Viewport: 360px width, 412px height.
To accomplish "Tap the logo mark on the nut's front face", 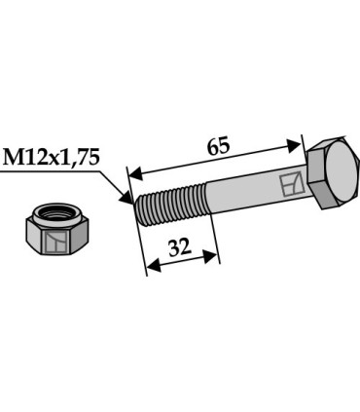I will (x=56, y=242).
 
